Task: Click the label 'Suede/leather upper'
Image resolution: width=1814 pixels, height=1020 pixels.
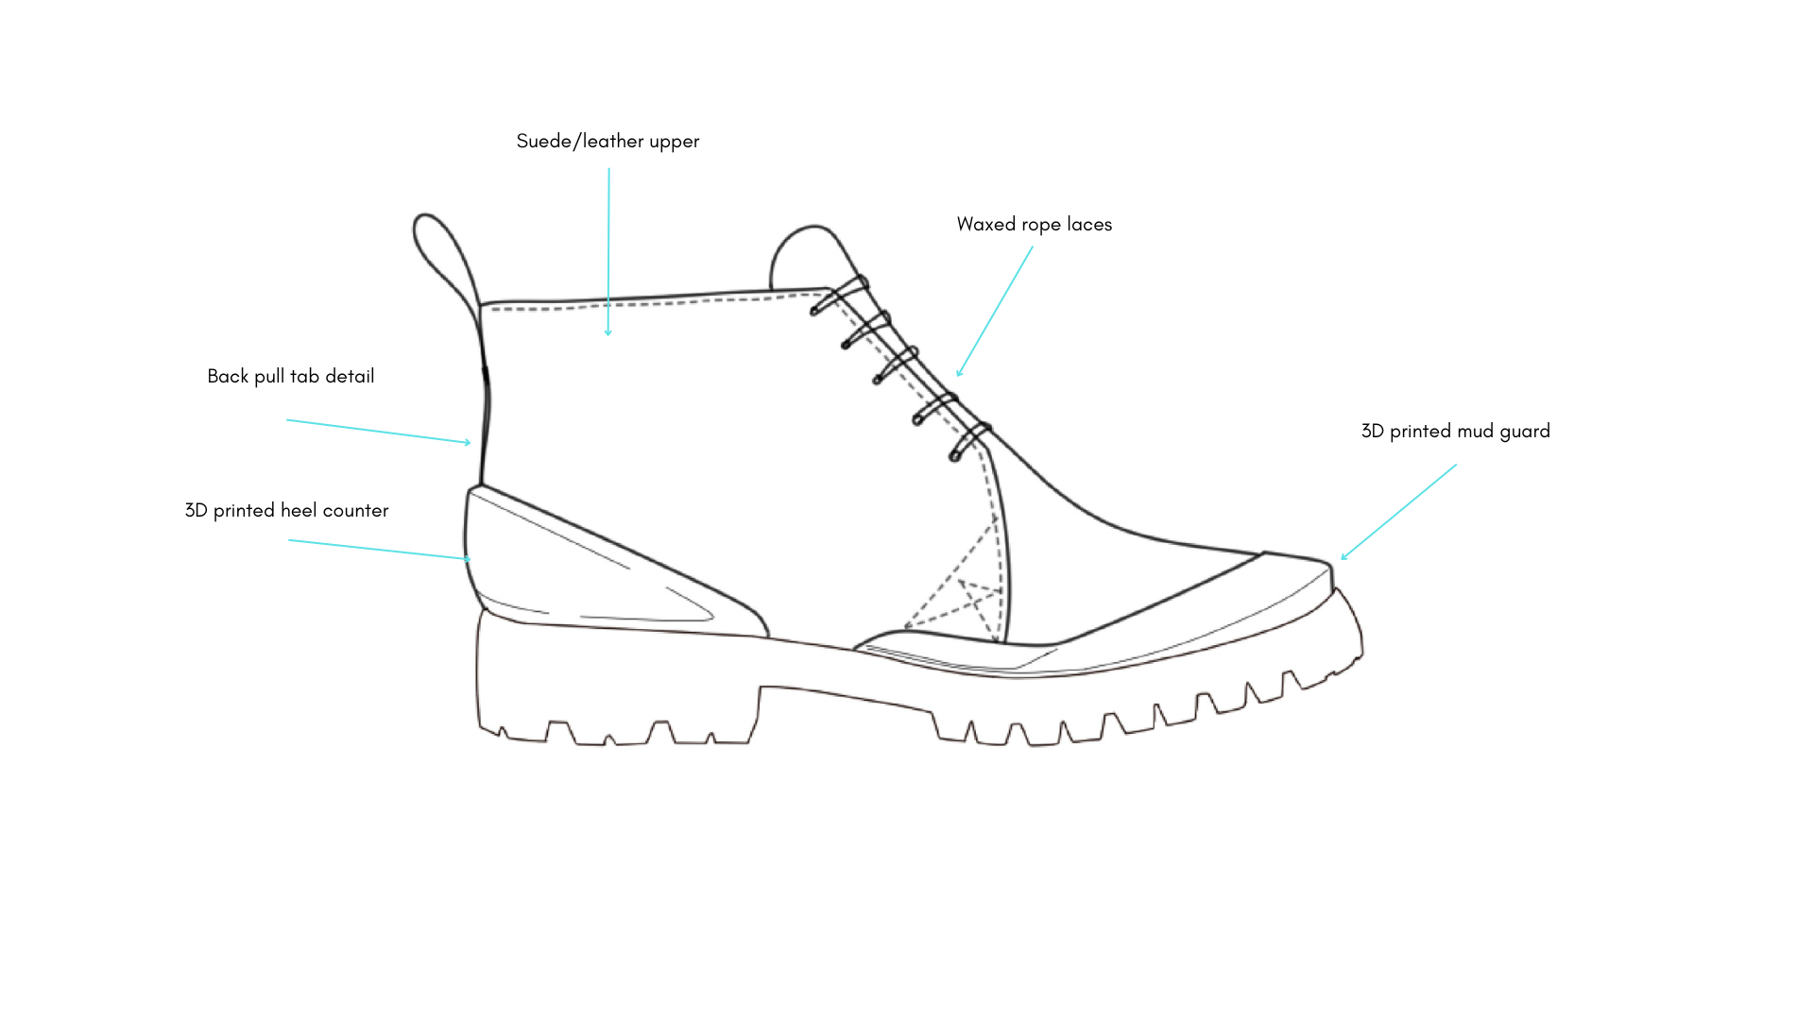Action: click(x=608, y=142)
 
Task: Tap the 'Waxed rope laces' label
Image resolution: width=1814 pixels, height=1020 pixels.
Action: click(x=1034, y=225)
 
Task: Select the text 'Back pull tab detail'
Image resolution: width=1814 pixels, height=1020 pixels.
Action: click(x=290, y=377)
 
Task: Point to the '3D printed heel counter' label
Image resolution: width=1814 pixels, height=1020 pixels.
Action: click(x=286, y=511)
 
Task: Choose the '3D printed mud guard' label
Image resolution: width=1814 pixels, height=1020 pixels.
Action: click(x=1455, y=432)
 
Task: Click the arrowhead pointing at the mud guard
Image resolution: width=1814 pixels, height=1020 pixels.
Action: click(x=1343, y=557)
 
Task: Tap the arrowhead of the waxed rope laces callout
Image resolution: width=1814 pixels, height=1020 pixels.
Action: click(x=959, y=374)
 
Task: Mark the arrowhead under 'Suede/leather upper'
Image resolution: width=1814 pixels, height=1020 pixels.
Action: click(x=608, y=332)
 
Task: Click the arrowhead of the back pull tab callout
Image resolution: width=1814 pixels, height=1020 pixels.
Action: click(x=468, y=442)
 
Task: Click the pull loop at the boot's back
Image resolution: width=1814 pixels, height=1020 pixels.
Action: click(x=445, y=255)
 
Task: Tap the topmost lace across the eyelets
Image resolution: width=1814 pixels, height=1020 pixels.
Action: click(x=839, y=296)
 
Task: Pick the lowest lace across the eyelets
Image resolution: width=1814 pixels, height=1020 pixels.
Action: click(x=971, y=441)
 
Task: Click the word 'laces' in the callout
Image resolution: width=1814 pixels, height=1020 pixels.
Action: click(x=1089, y=225)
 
